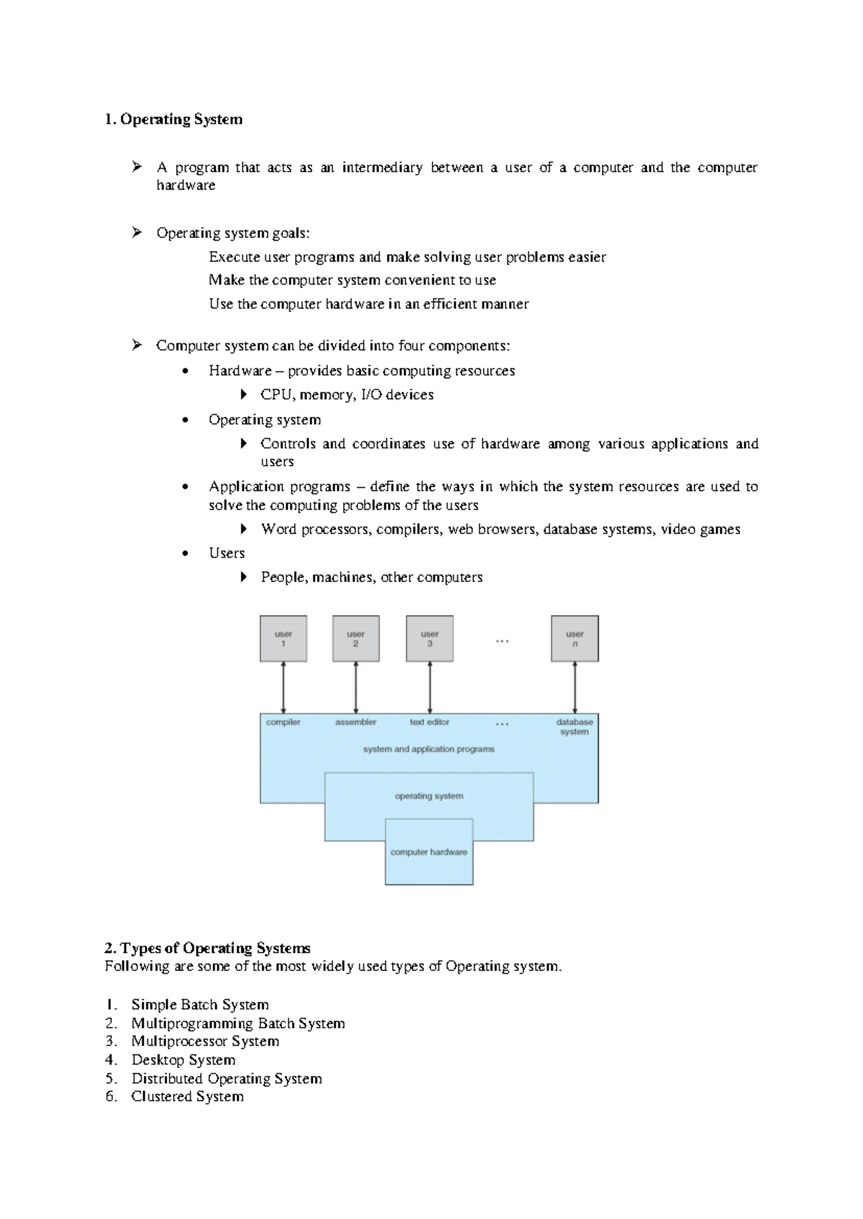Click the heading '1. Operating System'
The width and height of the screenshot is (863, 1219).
tap(173, 119)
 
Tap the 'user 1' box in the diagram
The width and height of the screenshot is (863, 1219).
tap(283, 638)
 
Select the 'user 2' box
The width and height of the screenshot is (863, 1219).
tap(356, 638)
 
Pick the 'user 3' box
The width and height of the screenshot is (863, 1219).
tap(429, 638)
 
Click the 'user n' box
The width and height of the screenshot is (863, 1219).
tap(575, 638)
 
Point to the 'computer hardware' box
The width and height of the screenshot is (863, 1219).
tap(429, 852)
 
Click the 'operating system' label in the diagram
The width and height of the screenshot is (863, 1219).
tap(429, 796)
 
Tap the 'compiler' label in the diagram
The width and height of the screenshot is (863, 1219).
tap(283, 722)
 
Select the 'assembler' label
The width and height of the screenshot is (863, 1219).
tap(356, 722)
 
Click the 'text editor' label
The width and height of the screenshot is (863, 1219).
tap(429, 722)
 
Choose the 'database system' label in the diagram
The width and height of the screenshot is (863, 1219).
tap(575, 727)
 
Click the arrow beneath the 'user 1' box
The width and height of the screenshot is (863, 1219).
tap(283, 688)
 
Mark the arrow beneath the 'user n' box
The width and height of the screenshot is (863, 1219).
tap(575, 688)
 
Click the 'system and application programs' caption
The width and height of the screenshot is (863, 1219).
tap(429, 749)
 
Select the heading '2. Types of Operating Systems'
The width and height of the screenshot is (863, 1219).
tap(208, 948)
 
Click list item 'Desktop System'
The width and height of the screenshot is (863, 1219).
tap(183, 1060)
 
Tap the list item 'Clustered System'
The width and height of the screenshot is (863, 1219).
tap(188, 1097)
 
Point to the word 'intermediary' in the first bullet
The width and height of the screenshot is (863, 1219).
tap(382, 167)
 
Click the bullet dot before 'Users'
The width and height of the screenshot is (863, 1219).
tap(186, 553)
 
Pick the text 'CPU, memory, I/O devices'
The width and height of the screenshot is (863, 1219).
tap(347, 395)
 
